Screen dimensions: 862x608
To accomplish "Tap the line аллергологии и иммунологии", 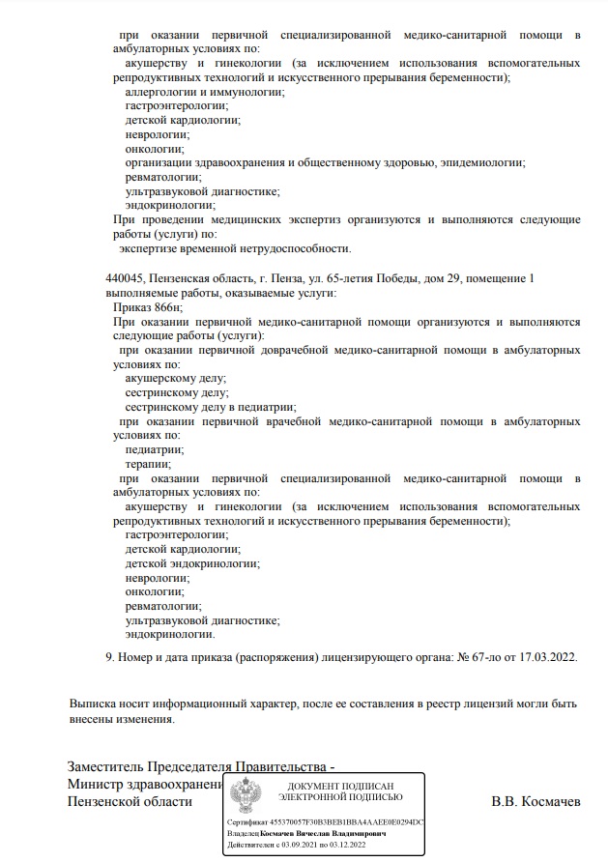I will pyautogui.click(x=204, y=92).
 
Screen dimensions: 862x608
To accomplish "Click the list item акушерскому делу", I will pyautogui.click(x=175, y=380).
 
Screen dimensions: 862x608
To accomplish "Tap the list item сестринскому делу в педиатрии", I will pyautogui.click(x=210, y=408).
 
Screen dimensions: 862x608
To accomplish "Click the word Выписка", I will pyautogui.click(x=96, y=703).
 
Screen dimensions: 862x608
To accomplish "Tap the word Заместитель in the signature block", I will pyautogui.click(x=113, y=768).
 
